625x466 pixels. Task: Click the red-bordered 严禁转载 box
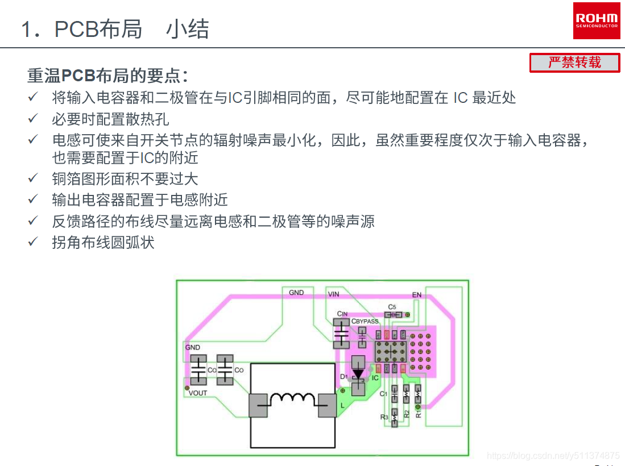click(x=574, y=63)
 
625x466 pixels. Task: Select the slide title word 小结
click(x=188, y=30)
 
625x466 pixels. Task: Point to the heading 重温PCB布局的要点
click(x=107, y=76)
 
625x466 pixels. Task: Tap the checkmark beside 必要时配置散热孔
click(x=33, y=119)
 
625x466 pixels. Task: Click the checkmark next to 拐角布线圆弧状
click(x=33, y=242)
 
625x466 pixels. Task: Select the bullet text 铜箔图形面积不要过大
click(x=125, y=179)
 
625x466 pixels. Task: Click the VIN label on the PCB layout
click(x=333, y=294)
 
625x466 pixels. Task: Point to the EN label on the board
click(x=417, y=295)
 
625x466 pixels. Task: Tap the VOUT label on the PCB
click(x=198, y=393)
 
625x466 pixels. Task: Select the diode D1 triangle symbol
click(x=358, y=375)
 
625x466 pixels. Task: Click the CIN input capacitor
click(x=341, y=333)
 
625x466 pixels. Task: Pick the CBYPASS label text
click(x=365, y=322)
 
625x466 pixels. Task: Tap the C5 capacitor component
click(x=393, y=314)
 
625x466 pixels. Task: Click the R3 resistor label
click(x=384, y=417)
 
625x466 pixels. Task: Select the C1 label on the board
click(x=383, y=394)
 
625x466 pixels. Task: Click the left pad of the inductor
click(x=258, y=406)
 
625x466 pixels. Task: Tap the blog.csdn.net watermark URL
click(x=554, y=455)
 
